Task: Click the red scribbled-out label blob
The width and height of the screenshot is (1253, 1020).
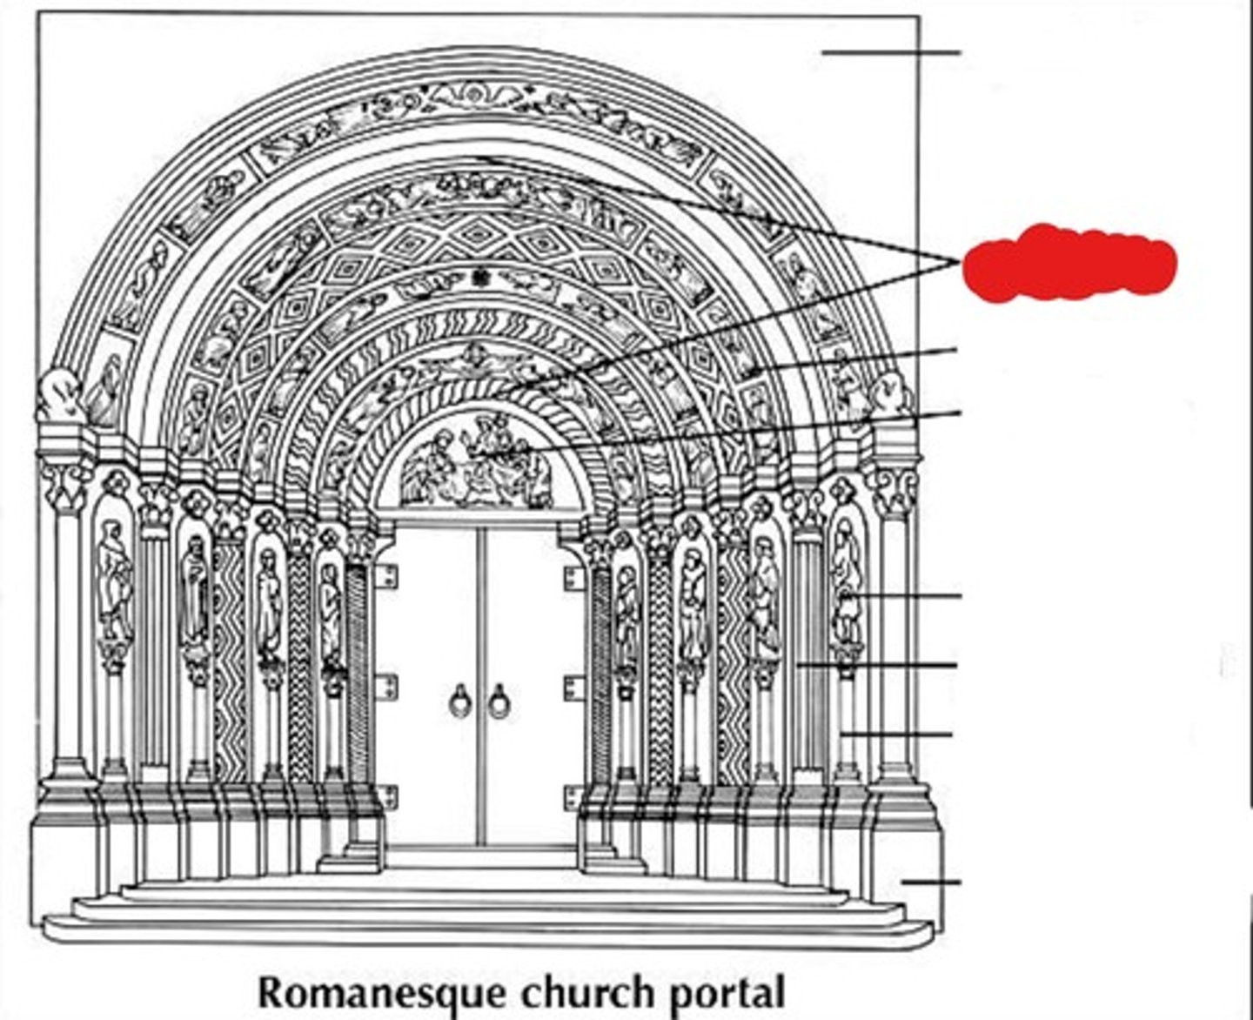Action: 1069,264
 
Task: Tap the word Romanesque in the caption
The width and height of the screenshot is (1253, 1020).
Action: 382,993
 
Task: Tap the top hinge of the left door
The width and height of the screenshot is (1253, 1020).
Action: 386,576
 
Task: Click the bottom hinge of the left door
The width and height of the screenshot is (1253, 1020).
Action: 386,796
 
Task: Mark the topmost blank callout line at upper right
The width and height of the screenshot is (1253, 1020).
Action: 891,53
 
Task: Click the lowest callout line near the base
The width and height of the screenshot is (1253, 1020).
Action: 931,882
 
